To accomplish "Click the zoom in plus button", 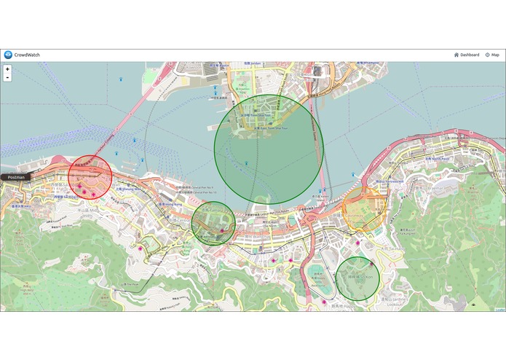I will (x=7, y=69).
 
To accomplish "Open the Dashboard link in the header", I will (x=467, y=55).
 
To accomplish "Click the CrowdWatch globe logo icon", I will (x=7, y=55).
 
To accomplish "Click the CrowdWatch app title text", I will (x=29, y=55).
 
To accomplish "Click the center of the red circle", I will (x=90, y=177).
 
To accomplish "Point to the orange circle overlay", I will (x=362, y=208).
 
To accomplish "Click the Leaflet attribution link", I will (x=500, y=310).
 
